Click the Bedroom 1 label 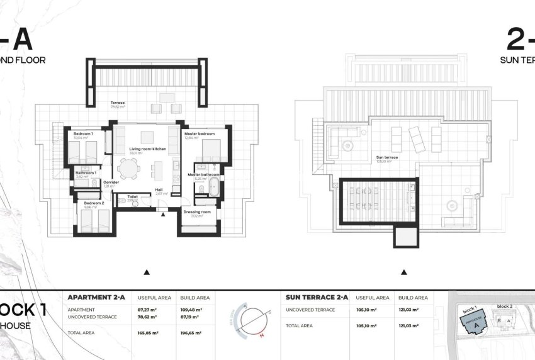83,134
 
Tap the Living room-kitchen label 143,149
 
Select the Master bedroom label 200,134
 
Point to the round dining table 130,169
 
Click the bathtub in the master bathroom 215,186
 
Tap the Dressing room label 197,212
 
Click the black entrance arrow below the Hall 164,215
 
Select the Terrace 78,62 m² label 118,103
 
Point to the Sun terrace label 385,157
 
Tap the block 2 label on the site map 505,307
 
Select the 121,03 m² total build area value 416,325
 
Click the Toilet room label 133,196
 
